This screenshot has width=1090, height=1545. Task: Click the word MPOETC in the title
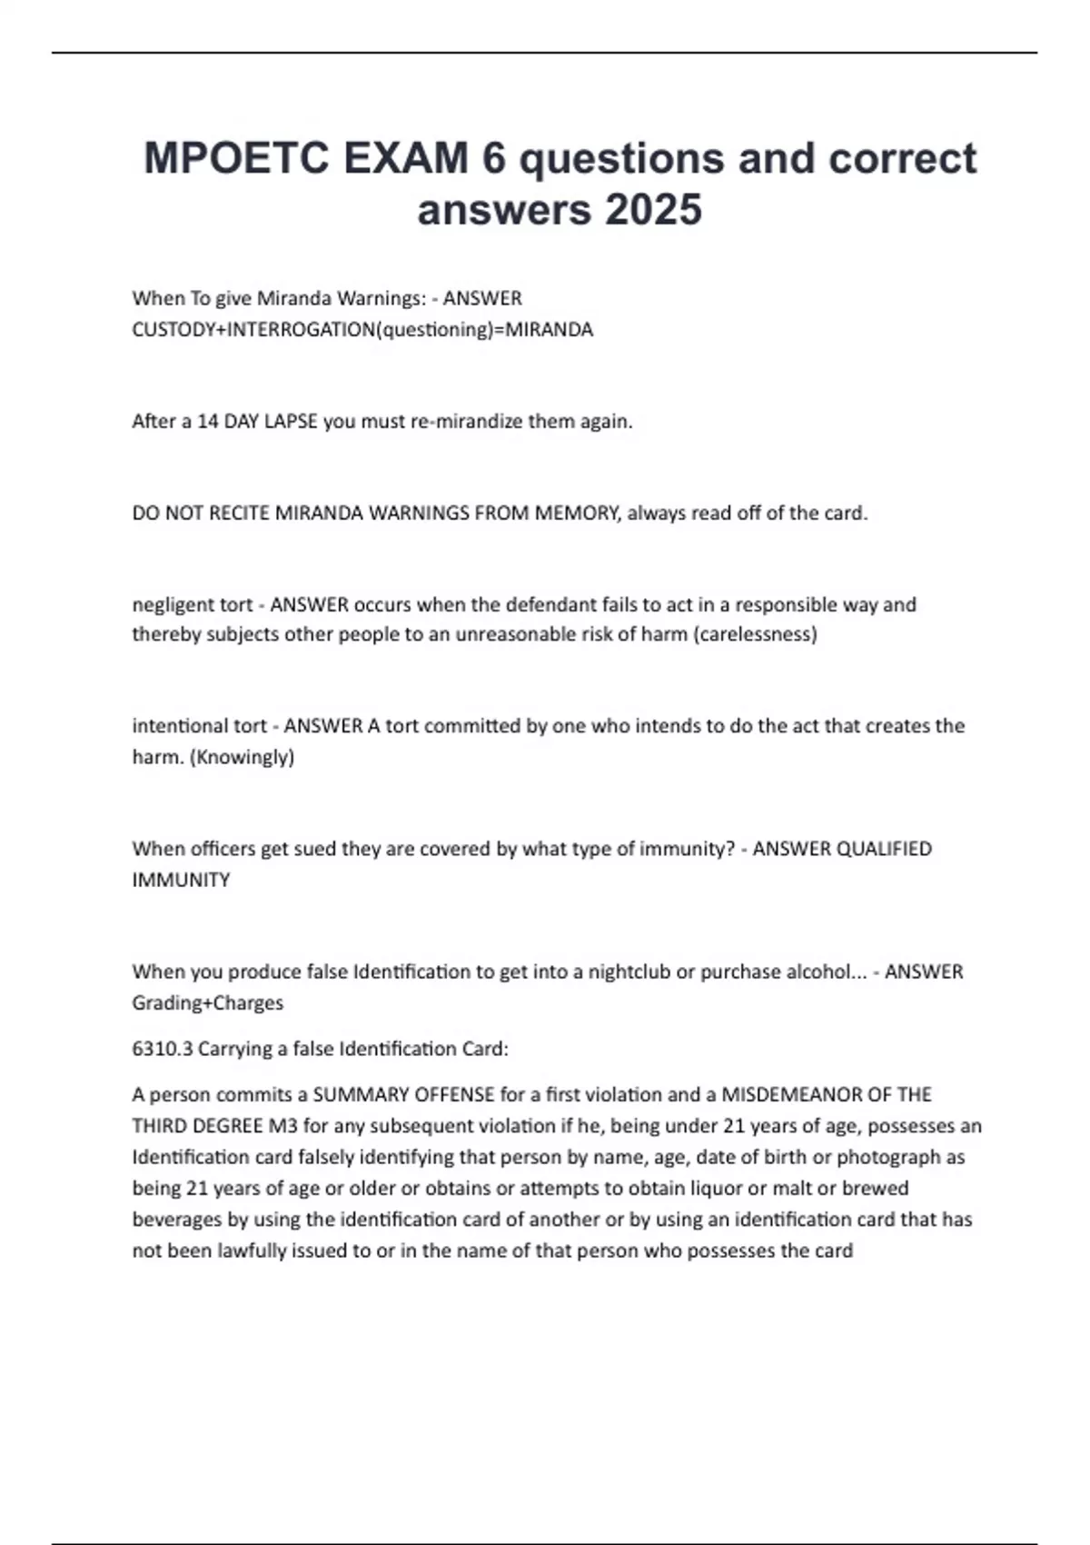click(237, 158)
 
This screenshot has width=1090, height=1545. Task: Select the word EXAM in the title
click(406, 158)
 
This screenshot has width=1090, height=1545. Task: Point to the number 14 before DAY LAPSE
click(207, 422)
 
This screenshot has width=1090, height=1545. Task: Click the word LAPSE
click(291, 422)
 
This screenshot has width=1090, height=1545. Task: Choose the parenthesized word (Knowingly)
click(242, 757)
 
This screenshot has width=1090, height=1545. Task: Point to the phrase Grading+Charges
click(207, 1003)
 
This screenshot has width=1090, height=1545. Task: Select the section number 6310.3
click(163, 1049)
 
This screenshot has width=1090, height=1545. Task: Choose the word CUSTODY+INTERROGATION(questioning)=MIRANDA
click(362, 330)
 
